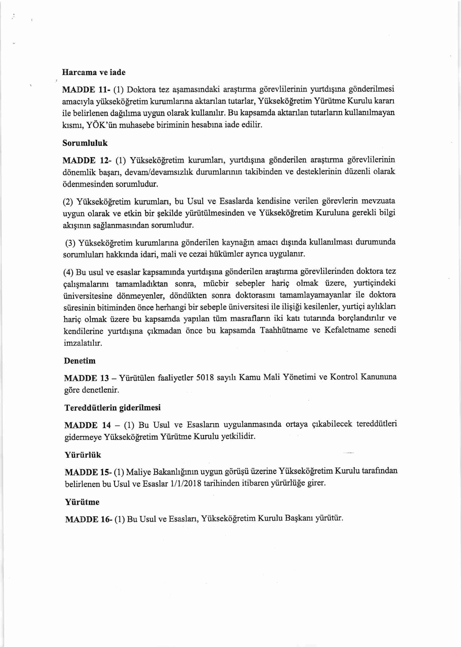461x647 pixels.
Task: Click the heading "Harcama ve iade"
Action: coord(94,73)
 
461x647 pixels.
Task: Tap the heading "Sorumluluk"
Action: coord(85,143)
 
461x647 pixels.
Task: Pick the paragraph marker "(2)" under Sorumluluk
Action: coord(68,202)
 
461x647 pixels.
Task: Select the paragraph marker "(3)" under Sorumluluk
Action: coord(70,243)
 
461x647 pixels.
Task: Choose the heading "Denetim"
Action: coord(80,361)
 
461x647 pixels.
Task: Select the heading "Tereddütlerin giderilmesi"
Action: coord(112,408)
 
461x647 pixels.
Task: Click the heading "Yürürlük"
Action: coord(83,455)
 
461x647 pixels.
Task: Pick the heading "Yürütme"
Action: coord(82,502)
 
